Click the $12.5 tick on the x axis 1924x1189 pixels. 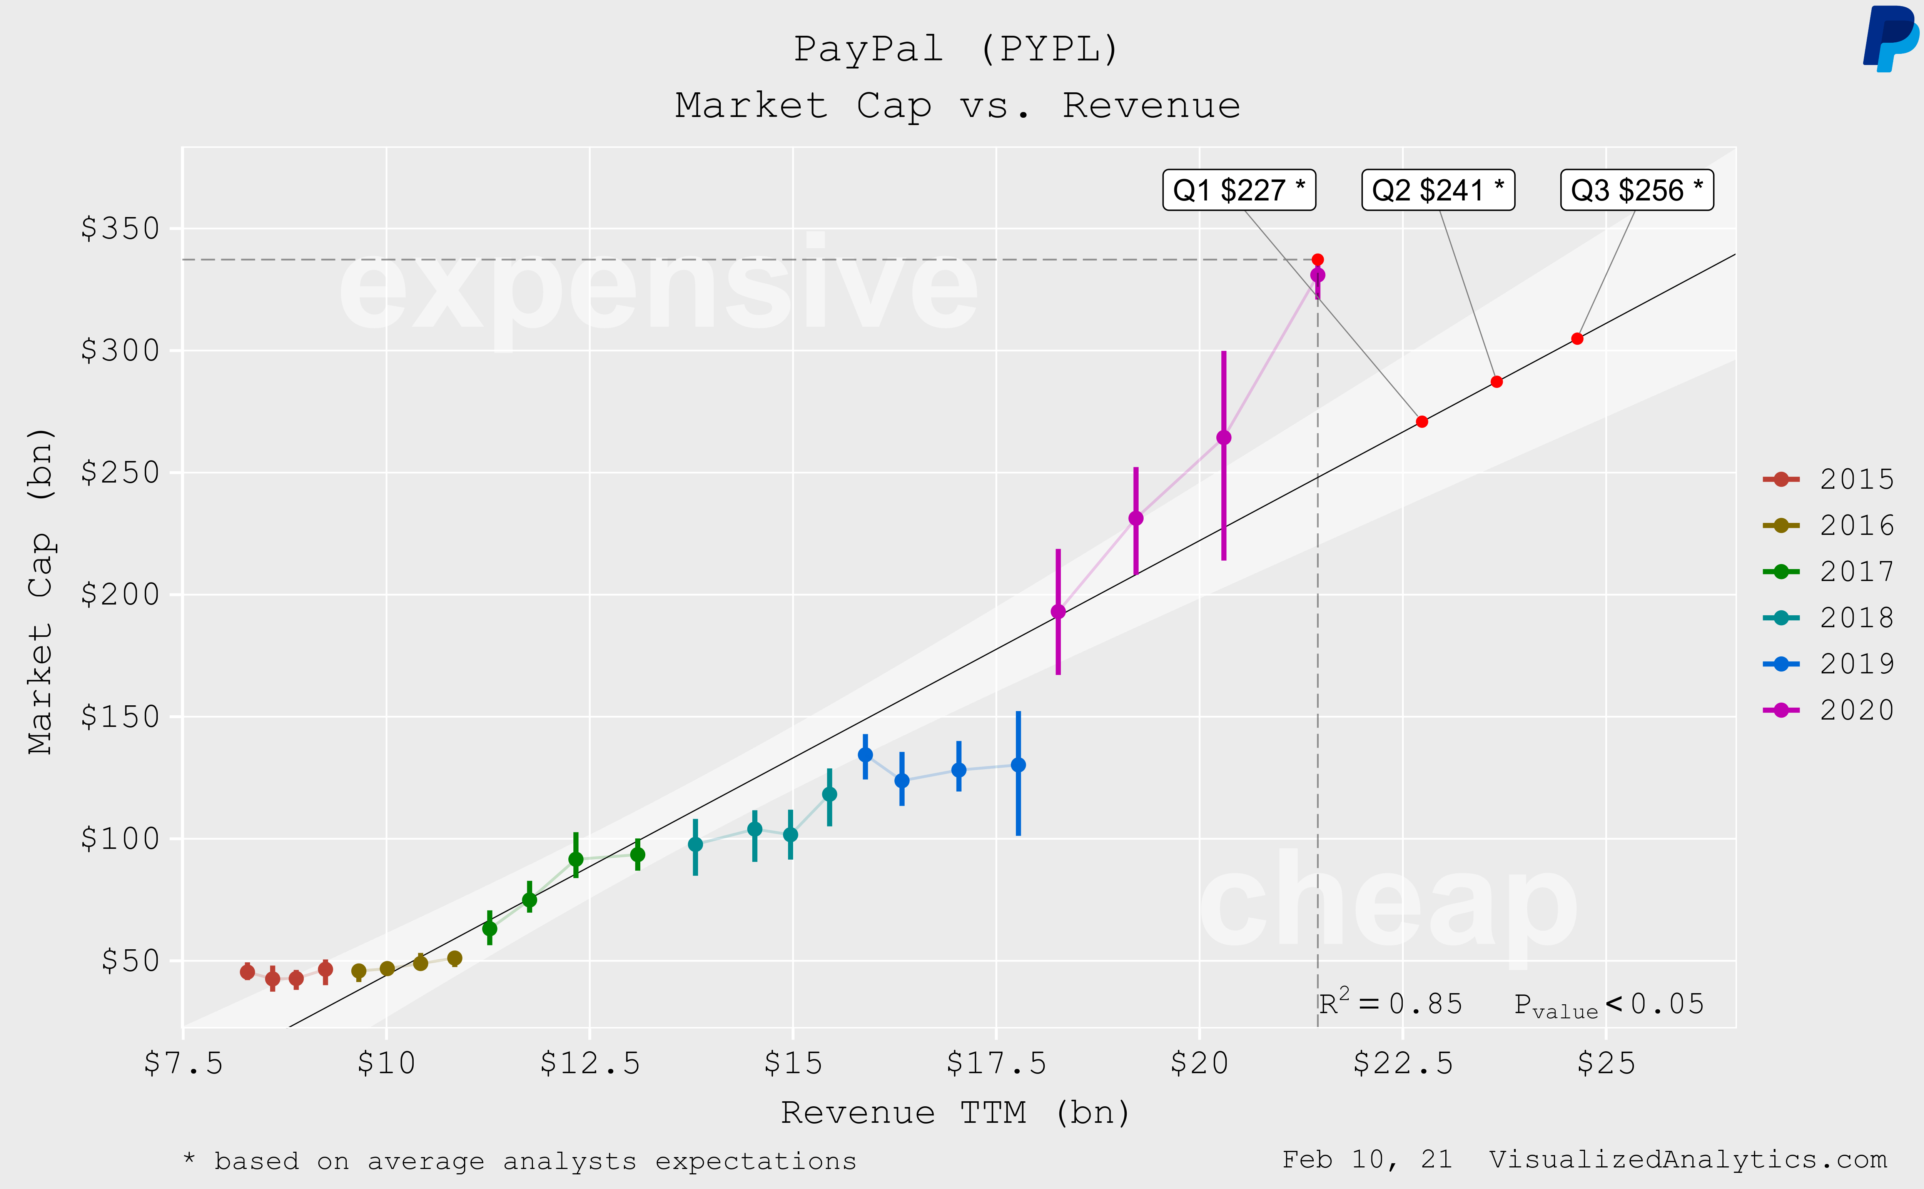(590, 1063)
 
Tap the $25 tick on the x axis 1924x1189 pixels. (1605, 1063)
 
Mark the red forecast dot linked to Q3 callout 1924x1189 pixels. (1577, 339)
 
